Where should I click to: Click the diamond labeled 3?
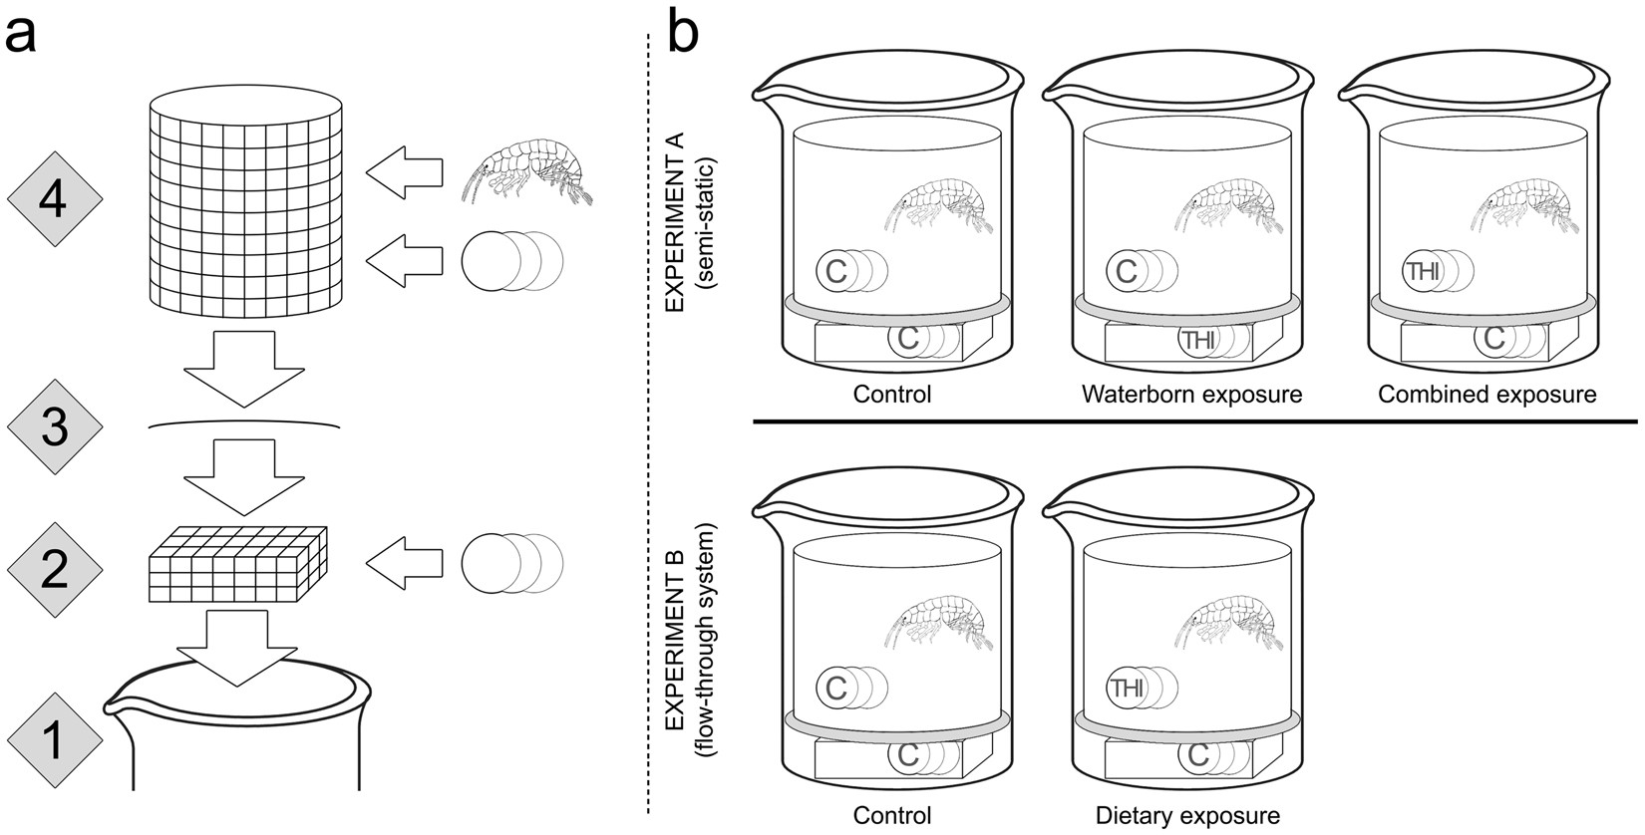[55, 427]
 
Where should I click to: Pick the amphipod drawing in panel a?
[527, 170]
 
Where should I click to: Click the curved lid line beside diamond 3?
[245, 425]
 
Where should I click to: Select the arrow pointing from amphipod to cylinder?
[404, 170]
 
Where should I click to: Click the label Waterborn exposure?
[1191, 395]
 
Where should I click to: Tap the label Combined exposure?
[1486, 395]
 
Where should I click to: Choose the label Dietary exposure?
[1187, 816]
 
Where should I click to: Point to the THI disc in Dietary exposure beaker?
[1128, 688]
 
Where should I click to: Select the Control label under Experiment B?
[892, 816]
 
